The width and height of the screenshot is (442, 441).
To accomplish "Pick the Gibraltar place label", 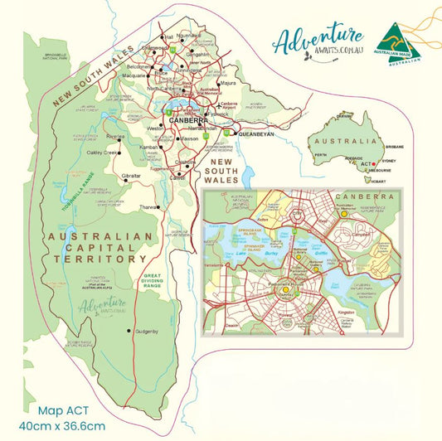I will (x=129, y=177).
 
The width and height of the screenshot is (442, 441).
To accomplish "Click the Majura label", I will (x=229, y=84).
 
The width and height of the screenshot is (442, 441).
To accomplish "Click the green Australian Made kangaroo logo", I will (x=396, y=40).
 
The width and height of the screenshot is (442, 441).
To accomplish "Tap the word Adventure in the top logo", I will (x=318, y=39).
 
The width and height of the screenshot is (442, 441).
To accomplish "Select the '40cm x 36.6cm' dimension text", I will (x=71, y=425).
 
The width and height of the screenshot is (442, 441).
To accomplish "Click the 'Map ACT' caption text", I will (x=61, y=409).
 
